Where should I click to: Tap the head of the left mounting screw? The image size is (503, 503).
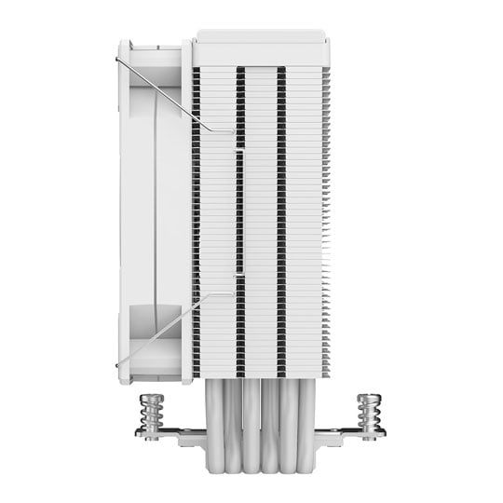point(148,398)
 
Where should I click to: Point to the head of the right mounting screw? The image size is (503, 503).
point(367,398)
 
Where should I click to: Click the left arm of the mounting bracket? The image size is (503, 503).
point(172,431)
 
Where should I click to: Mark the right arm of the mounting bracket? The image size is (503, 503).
point(345,431)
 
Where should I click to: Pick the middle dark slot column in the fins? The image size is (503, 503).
point(239,214)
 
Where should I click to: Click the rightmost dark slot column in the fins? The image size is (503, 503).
point(281,214)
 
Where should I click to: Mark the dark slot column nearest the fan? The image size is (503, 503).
point(196,214)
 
